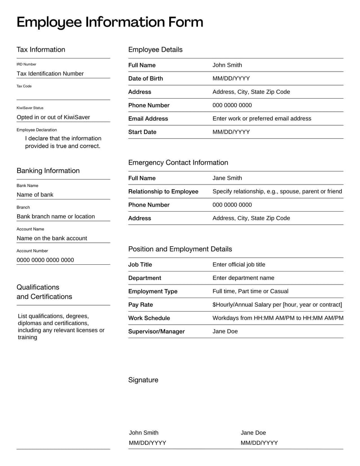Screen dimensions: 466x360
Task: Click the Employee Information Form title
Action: [110, 22]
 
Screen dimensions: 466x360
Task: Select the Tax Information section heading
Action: [41, 50]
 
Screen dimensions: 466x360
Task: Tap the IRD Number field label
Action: [27, 64]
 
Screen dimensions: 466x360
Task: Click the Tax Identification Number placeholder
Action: [50, 73]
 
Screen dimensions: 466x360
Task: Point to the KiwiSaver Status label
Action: [30, 108]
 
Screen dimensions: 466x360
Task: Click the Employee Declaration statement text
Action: [63, 142]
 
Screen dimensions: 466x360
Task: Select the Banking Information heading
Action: [48, 171]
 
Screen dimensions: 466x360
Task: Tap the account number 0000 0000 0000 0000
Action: [45, 260]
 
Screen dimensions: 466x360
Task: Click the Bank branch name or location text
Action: [56, 217]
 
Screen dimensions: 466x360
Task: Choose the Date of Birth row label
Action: [146, 78]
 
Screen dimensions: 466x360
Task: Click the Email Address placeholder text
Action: [261, 118]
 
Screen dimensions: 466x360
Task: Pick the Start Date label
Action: [142, 132]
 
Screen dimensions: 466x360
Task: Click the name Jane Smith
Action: [227, 178]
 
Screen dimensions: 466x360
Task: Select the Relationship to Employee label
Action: [163, 191]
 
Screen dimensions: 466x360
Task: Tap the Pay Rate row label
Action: [140, 305]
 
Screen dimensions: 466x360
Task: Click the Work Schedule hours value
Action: [278, 318]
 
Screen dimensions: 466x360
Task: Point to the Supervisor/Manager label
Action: [157, 331]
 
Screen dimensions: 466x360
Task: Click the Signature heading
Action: [143, 380]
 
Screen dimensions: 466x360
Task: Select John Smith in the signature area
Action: [144, 433]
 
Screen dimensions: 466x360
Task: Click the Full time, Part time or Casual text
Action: [250, 291]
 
